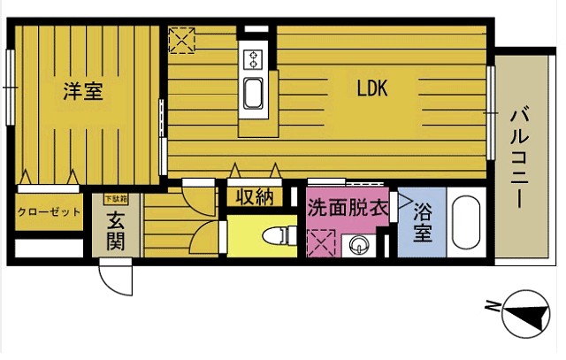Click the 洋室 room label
click(83, 90)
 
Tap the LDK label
click(373, 88)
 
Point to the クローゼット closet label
click(49, 212)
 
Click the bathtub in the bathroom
click(465, 224)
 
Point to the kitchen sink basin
click(253, 91)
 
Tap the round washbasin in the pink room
click(360, 245)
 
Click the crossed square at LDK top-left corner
click(183, 39)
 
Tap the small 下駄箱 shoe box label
click(116, 200)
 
